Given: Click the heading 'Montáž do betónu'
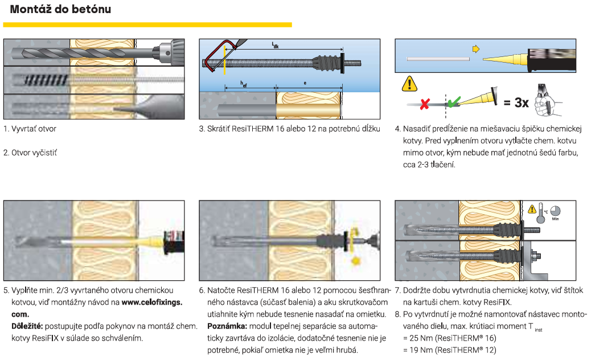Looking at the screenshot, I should tap(60, 10).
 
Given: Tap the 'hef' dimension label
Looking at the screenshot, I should tap(243, 84).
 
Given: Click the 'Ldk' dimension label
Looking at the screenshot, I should tap(275, 45).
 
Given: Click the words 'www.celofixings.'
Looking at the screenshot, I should tap(151, 302).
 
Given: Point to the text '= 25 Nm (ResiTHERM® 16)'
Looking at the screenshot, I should tap(447, 338).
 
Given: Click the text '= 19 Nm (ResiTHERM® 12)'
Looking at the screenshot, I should tap(447, 350).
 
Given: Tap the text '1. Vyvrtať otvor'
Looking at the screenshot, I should tap(30, 129).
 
